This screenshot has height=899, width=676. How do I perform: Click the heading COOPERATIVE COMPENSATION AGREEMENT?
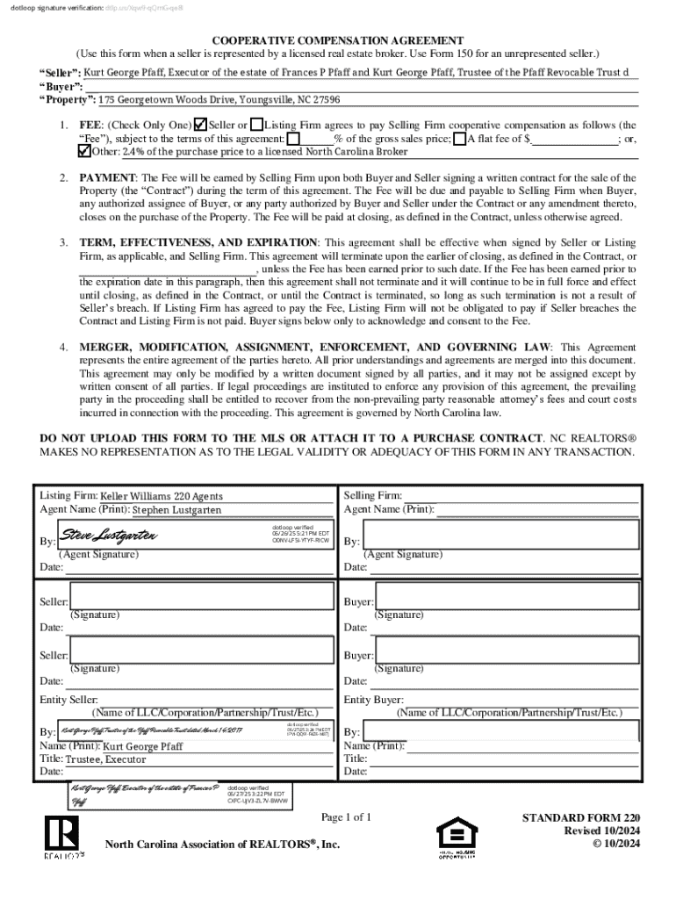click(x=337, y=41)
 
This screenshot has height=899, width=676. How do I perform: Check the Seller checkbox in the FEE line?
click(x=200, y=126)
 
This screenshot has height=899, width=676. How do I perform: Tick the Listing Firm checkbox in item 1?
click(x=256, y=126)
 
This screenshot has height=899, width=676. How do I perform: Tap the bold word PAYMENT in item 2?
click(x=106, y=178)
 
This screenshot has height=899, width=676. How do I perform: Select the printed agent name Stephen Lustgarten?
click(x=176, y=509)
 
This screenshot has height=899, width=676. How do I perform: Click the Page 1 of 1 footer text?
click(x=346, y=817)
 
